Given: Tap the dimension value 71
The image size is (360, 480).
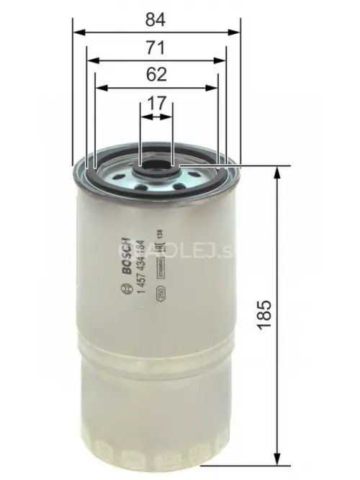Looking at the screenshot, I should click(x=156, y=48).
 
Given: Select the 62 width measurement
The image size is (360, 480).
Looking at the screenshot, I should click(x=156, y=74).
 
